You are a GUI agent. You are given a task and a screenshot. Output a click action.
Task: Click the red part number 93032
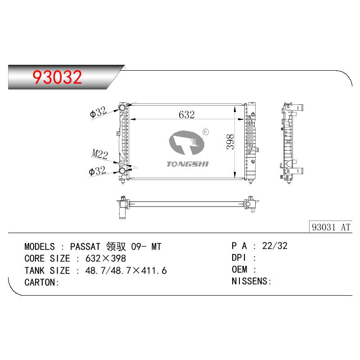pyautogui.click(x=57, y=77)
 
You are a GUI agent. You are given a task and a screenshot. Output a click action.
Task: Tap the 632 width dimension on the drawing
pyautogui.click(x=186, y=115)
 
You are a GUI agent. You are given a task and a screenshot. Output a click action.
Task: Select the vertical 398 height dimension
pyautogui.click(x=230, y=142)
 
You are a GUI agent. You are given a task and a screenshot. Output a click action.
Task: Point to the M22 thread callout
pyautogui.click(x=99, y=154)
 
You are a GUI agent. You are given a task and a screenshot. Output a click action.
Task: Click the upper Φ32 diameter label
pyautogui.click(x=98, y=112)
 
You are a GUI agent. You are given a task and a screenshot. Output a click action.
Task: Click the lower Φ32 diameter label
pyautogui.click(x=97, y=171)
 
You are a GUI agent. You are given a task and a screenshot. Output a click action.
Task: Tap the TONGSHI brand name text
pyautogui.click(x=188, y=164)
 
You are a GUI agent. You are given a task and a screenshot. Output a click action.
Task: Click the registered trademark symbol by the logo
pyautogui.click(x=206, y=132)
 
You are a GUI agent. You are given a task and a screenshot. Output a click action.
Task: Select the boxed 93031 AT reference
pyautogui.click(x=331, y=227)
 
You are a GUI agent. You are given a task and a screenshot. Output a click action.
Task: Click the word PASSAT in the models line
pyautogui.click(x=85, y=247)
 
